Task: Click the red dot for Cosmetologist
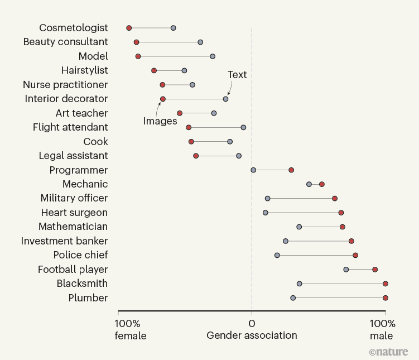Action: coord(129,28)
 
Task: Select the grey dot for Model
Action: coord(213,56)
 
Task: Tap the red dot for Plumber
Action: coord(386,298)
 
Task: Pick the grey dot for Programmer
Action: coord(253,170)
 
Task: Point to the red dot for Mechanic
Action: coord(322,184)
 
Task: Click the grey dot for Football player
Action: coord(346,270)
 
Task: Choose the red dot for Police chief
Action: coord(355,255)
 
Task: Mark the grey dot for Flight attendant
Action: coord(243,127)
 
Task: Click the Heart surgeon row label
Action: coord(74,213)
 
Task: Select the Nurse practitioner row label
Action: coord(65,84)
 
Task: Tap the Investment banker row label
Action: coord(64,241)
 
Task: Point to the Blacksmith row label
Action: coord(82,284)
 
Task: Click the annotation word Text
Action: coord(237,75)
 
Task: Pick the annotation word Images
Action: coord(160,121)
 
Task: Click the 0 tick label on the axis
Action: coord(252,324)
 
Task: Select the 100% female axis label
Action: coord(131,329)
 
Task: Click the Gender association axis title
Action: coord(252,335)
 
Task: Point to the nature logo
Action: coord(388,352)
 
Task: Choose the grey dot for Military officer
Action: coord(268,198)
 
